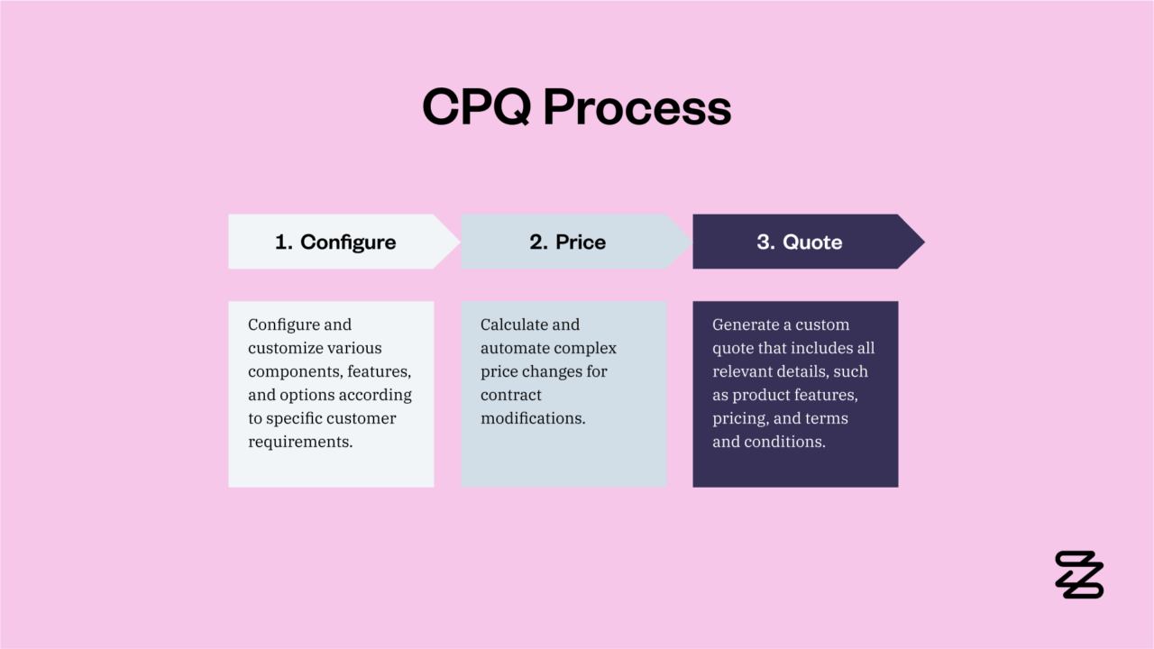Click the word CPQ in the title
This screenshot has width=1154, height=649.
pos(477,107)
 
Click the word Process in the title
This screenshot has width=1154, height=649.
pos(637,107)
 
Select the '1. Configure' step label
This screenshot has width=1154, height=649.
pos(335,242)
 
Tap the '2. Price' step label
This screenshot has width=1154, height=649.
pos(568,242)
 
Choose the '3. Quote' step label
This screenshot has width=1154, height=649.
pos(800,242)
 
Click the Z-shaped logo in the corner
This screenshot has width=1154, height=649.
pos(1079,574)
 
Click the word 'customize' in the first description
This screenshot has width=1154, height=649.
pos(285,348)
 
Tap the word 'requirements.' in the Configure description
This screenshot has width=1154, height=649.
pos(300,442)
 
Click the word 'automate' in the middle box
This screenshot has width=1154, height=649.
pos(515,348)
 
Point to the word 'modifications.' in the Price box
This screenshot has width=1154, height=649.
pos(533,418)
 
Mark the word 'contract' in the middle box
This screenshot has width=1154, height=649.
pos(511,395)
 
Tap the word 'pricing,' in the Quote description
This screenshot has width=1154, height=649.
pos(740,418)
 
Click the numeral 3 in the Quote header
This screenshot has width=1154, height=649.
pos(763,242)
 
